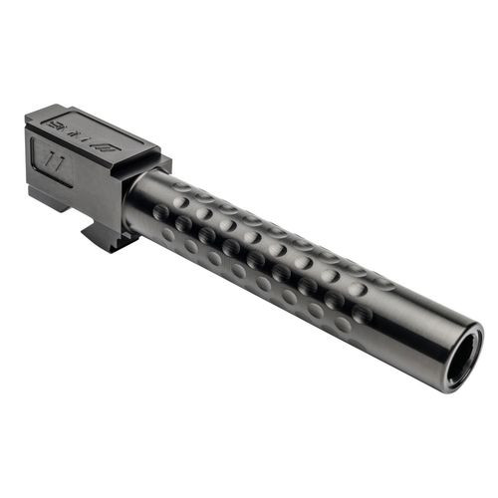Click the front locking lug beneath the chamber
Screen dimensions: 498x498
[104, 237]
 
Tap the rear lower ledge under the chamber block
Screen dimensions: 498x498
[45, 190]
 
